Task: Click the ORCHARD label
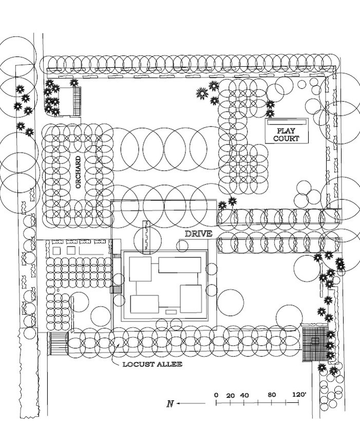(x=79, y=171)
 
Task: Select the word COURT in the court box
(x=286, y=139)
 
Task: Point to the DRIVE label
(x=199, y=234)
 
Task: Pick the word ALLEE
(x=169, y=364)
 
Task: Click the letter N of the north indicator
(x=170, y=403)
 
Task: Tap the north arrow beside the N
(x=191, y=403)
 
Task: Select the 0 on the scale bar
(x=216, y=395)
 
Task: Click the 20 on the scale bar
(x=230, y=396)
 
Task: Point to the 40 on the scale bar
(x=244, y=396)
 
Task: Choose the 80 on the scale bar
(x=272, y=395)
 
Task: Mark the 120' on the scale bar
(x=299, y=395)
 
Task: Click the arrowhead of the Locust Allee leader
(x=118, y=345)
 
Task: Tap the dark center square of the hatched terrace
(x=314, y=340)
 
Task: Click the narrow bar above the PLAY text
(x=287, y=122)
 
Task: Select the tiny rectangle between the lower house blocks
(x=171, y=311)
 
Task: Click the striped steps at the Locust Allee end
(x=58, y=343)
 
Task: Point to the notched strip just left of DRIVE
(x=146, y=237)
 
